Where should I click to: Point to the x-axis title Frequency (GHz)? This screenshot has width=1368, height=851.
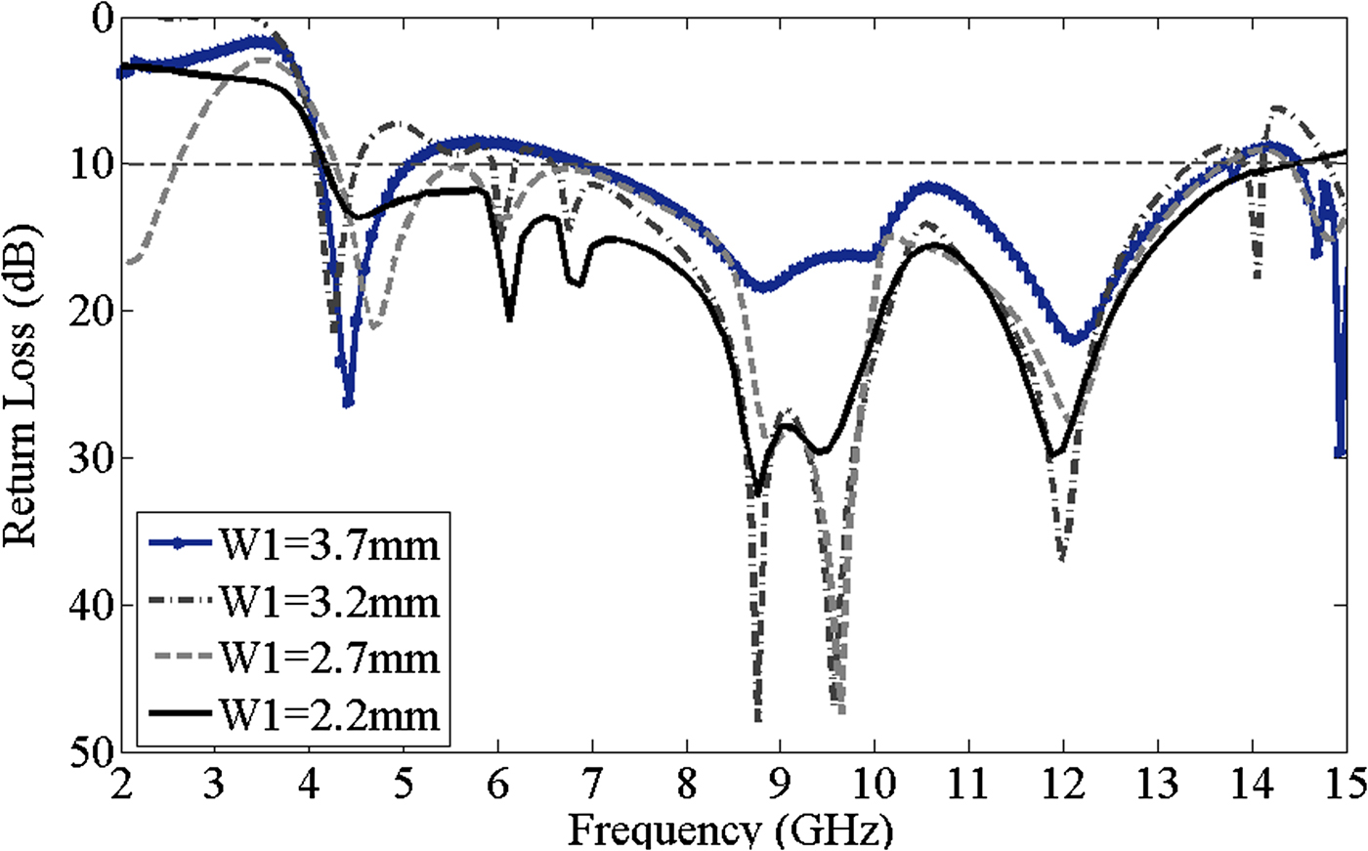pyautogui.click(x=730, y=832)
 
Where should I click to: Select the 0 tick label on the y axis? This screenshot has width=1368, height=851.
pyautogui.click(x=101, y=18)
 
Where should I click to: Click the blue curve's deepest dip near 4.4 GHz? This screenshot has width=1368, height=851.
pyautogui.click(x=348, y=403)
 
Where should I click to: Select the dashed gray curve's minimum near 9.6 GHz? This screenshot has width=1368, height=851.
pyautogui.click(x=841, y=711)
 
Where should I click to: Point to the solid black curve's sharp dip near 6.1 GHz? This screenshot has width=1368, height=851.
pyautogui.click(x=509, y=319)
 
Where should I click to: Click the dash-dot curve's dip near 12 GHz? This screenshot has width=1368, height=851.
pyautogui.click(x=1062, y=560)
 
